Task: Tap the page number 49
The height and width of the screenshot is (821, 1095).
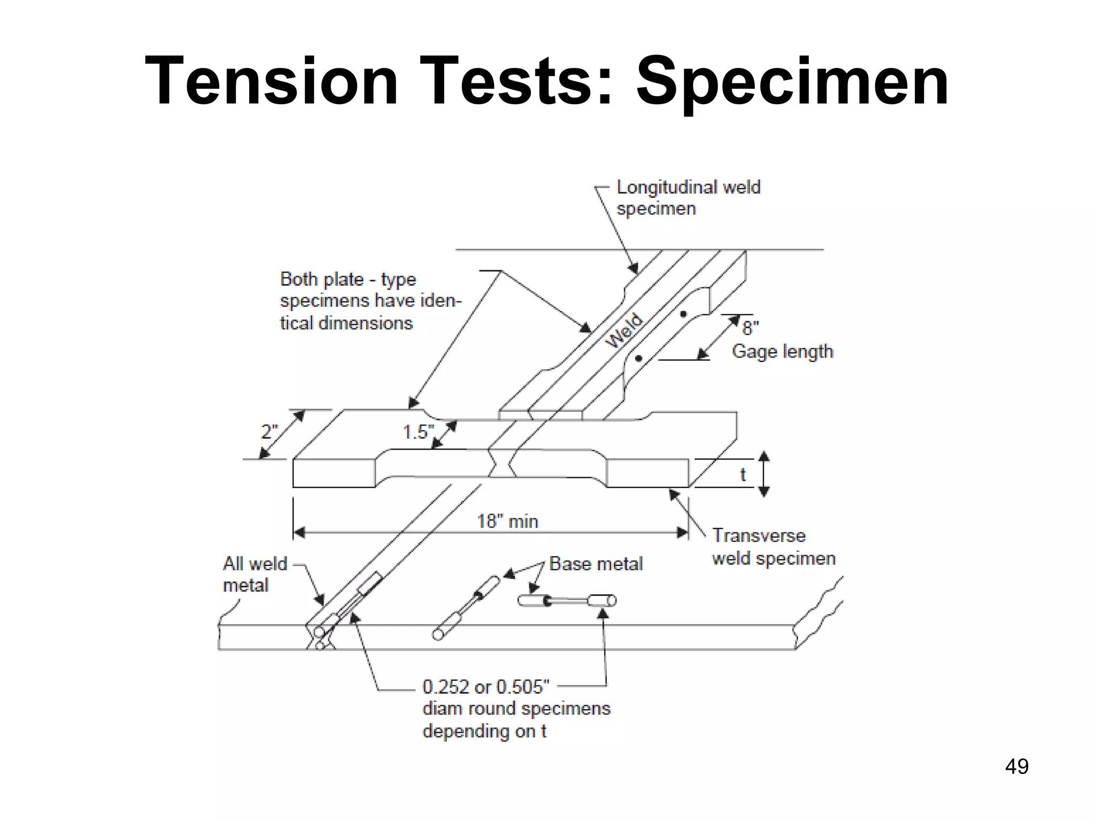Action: point(1016,766)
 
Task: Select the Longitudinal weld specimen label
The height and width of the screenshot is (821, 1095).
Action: point(688,198)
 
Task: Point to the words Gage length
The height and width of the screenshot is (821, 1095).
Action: point(782,352)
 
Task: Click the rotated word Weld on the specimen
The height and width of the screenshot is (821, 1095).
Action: point(624,331)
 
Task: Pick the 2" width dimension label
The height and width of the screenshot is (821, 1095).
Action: point(269,431)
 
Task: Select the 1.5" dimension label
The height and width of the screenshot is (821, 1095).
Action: point(418,432)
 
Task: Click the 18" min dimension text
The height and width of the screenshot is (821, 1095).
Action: point(507,521)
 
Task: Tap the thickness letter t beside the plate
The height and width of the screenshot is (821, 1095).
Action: point(743,474)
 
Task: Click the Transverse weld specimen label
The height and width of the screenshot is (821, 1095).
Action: point(773,547)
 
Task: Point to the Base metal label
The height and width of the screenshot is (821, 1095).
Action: point(596,564)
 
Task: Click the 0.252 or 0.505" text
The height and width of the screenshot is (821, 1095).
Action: point(485,686)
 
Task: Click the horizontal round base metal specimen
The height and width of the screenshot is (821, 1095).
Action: point(567,601)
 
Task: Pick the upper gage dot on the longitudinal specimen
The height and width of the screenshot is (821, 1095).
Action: point(683,314)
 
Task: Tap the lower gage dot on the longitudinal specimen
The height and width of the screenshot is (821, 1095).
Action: point(638,359)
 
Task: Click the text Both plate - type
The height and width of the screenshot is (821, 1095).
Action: point(348,280)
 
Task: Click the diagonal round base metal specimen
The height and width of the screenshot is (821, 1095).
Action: point(466,607)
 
